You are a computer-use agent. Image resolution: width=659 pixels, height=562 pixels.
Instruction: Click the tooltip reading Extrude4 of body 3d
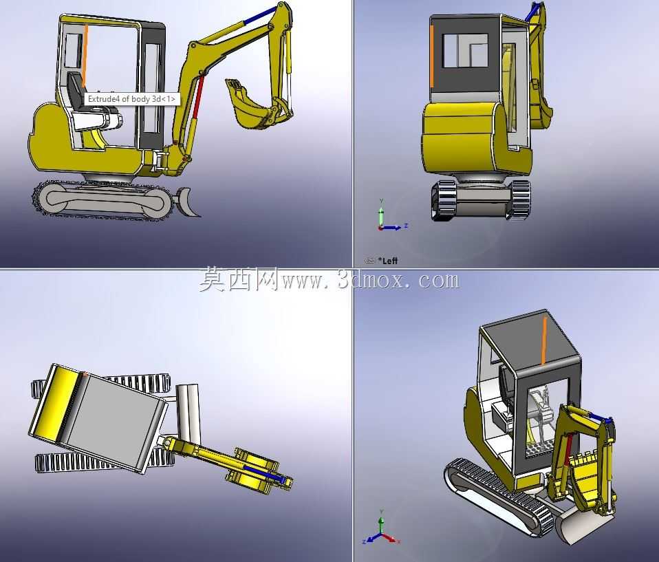click(x=132, y=99)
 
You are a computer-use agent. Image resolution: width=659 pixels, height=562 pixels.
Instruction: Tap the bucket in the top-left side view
click(x=252, y=103)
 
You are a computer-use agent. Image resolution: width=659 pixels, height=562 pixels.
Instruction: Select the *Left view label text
click(x=387, y=261)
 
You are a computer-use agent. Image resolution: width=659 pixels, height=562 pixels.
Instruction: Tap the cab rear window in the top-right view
click(x=466, y=50)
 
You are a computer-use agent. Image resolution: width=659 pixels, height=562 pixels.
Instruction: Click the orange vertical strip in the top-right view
click(x=431, y=56)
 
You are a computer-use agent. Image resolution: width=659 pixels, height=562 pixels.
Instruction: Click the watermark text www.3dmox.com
click(x=371, y=280)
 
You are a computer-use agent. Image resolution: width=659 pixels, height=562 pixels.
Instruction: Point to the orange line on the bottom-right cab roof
click(x=544, y=341)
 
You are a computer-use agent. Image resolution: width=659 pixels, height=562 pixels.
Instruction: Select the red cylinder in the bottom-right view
click(x=568, y=450)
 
